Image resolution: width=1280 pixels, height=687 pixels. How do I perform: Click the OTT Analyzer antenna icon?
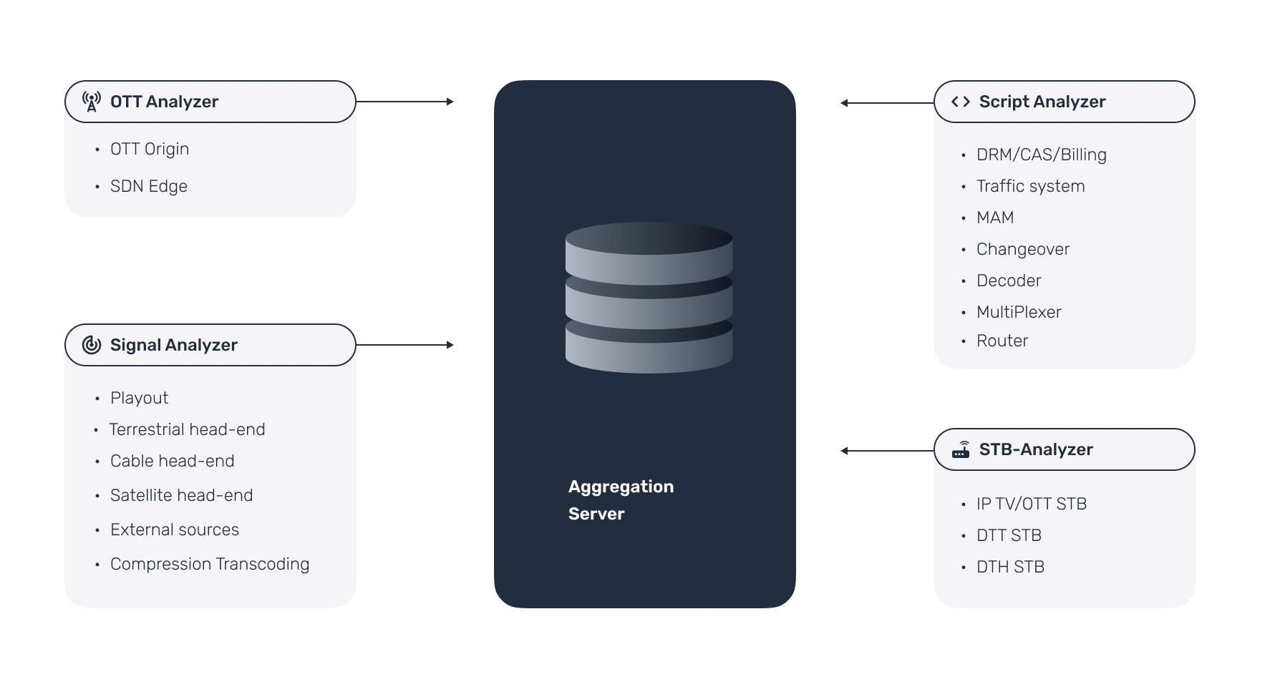92,102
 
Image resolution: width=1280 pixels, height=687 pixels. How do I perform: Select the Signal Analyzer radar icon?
92,345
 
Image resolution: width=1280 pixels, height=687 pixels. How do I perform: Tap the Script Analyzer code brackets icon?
961,102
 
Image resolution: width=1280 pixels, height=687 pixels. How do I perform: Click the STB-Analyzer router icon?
961,449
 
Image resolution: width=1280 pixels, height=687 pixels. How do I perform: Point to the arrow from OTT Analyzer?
405,102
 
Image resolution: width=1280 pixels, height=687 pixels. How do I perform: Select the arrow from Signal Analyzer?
405,345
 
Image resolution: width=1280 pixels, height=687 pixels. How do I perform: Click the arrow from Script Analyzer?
888,103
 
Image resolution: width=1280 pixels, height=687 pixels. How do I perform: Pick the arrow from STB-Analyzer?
888,451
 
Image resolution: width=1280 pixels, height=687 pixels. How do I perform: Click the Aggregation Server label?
621,500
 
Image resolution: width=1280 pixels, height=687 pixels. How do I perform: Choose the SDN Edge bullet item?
149,186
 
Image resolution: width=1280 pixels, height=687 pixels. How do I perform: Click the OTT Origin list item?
150,149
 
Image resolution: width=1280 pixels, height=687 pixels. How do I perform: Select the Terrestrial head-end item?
187,429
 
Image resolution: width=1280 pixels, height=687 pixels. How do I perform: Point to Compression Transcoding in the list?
210,564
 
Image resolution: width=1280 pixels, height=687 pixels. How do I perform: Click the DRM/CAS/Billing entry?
1042,155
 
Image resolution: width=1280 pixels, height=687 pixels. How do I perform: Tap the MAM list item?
995,218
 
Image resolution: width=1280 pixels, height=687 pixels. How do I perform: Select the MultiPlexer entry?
1019,312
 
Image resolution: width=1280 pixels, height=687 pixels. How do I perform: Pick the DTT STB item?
1009,535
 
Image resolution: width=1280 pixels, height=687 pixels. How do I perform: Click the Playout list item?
139,398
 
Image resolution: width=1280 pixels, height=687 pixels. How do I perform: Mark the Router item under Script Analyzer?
1002,341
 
